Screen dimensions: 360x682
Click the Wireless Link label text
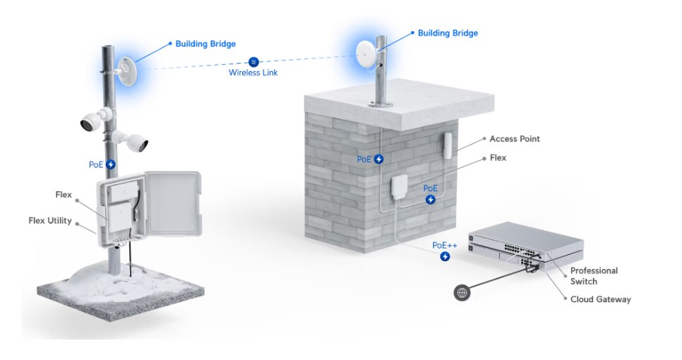[x=253, y=73]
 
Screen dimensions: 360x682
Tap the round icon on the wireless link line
[x=253, y=61]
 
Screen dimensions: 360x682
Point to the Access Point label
[x=514, y=139]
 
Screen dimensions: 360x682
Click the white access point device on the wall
[x=448, y=145]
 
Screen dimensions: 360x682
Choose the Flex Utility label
[x=49, y=221]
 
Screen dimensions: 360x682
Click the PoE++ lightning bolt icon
[x=445, y=257]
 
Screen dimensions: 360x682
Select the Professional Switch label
[x=594, y=276]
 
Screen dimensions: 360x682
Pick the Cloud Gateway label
[x=600, y=299]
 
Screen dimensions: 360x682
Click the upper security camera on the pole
[x=92, y=121]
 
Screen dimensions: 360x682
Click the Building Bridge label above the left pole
[x=205, y=44]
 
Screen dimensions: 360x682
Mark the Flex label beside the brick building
[x=498, y=158]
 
